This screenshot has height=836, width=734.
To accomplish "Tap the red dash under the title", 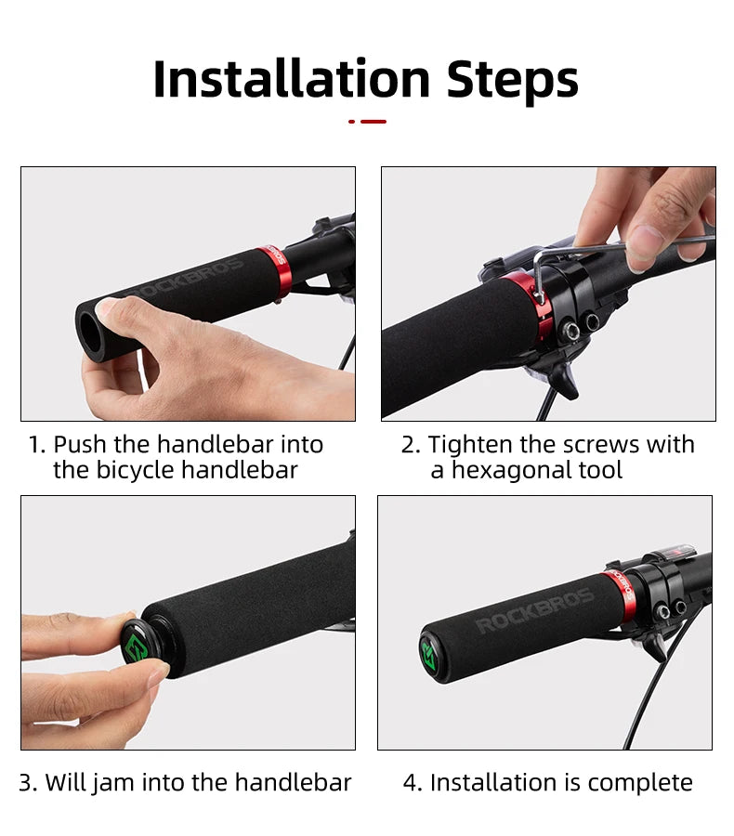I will [x=373, y=121].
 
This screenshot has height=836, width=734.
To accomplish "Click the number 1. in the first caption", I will [x=36, y=445].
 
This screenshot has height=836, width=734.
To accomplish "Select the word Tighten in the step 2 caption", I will [x=472, y=445].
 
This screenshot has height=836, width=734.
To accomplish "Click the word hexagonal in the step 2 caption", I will [x=511, y=471].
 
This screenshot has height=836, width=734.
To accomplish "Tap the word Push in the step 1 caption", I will [x=80, y=445].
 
